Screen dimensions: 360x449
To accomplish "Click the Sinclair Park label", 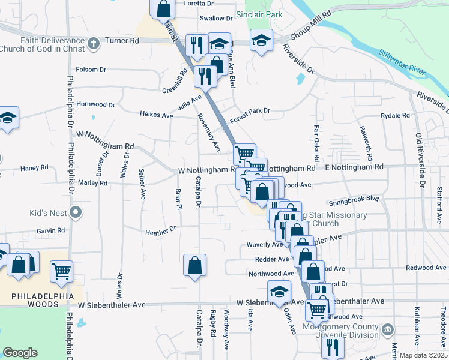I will (259, 14).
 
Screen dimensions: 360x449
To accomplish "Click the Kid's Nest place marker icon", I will (75, 212).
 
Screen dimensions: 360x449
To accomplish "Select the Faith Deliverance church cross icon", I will (93, 43).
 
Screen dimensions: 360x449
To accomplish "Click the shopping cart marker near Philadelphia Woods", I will (61, 271).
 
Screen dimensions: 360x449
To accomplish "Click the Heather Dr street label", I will (160, 230).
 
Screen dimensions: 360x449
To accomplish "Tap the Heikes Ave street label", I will (156, 113).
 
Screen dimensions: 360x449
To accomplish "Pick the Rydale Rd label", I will (395, 115).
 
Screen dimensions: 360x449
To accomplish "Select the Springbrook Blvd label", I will (354, 198).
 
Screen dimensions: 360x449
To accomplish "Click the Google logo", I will (20, 353).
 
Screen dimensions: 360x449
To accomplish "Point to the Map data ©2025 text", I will (423, 355).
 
